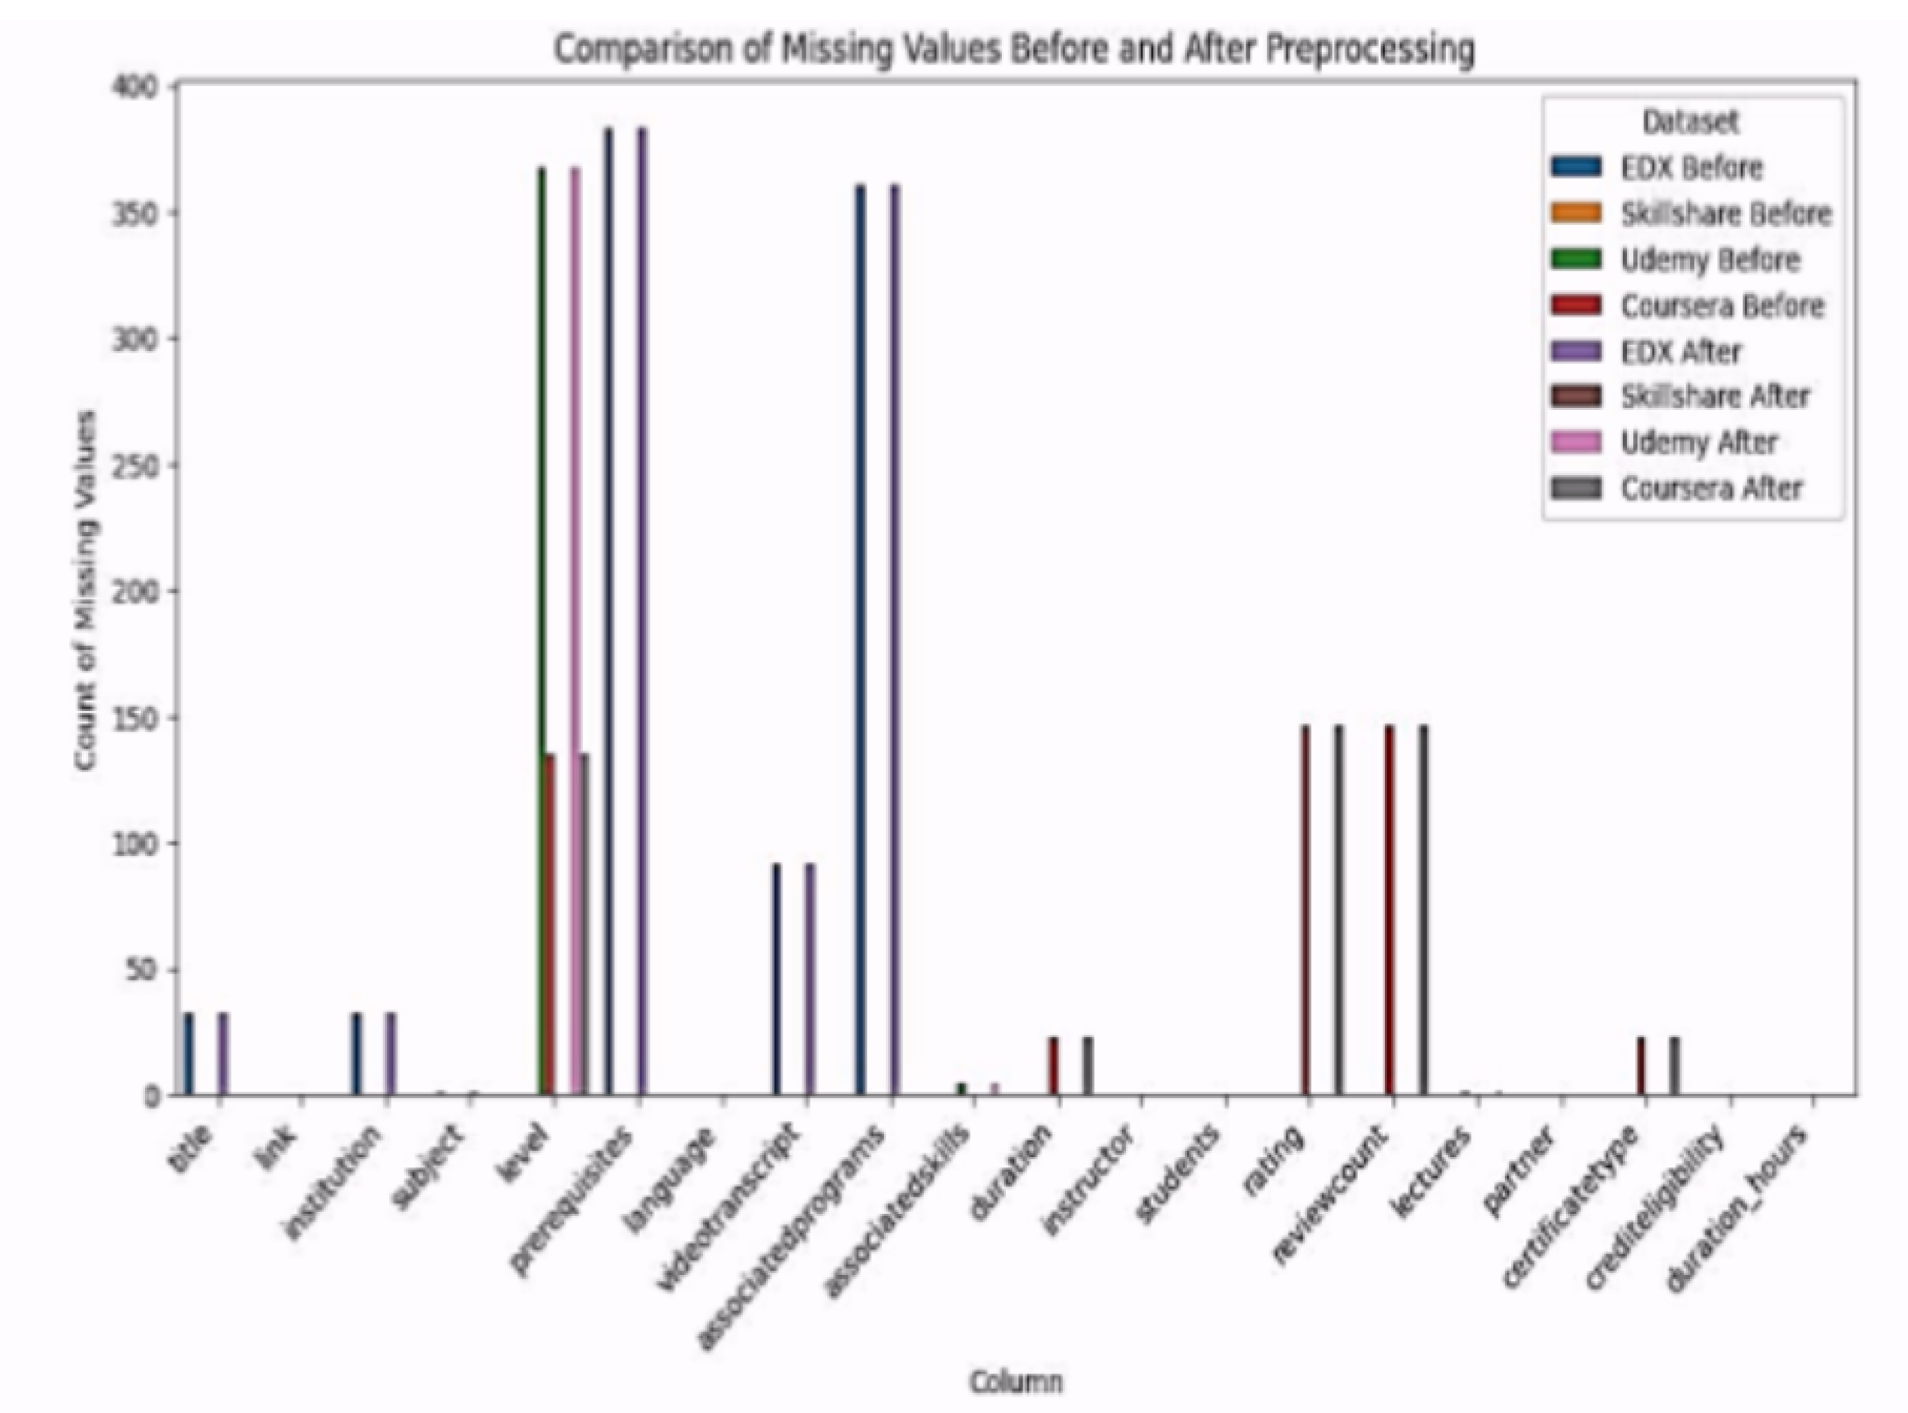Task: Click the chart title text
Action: (1014, 50)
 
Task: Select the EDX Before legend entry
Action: (1691, 168)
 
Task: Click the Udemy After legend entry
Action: (1698, 443)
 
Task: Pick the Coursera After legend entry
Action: (1710, 488)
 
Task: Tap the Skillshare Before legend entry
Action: (1725, 214)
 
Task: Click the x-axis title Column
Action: (1016, 1380)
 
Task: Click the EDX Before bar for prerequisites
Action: (608, 612)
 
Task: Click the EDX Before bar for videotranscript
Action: (776, 979)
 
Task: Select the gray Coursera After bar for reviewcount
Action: (1423, 911)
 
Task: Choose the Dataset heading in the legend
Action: (1690, 122)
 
